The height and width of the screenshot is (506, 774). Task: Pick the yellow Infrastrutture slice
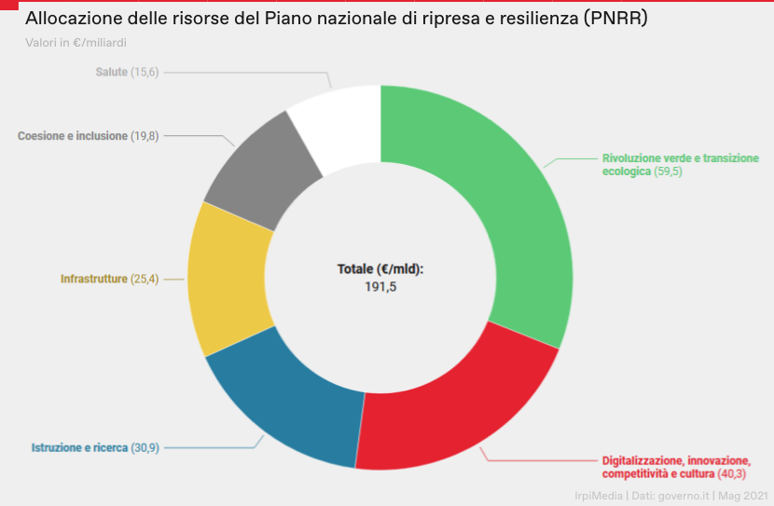pyautogui.click(x=228, y=280)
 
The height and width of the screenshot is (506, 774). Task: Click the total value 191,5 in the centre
pyautogui.click(x=380, y=287)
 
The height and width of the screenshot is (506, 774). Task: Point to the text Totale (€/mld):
pyautogui.click(x=380, y=269)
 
